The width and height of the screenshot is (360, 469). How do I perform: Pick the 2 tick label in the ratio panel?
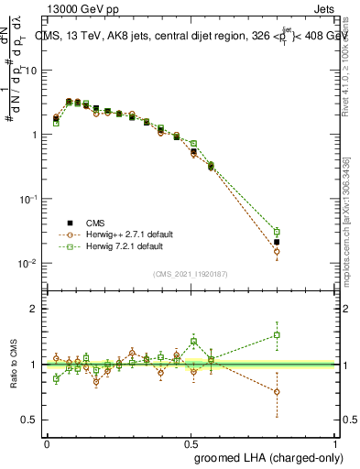(34, 309)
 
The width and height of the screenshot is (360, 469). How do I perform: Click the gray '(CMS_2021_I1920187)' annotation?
(190, 273)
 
